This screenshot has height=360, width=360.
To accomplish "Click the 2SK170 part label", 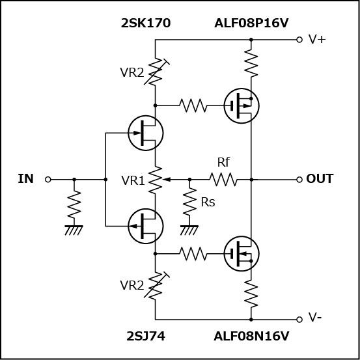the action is tap(146, 23).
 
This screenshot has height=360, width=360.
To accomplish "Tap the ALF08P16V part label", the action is tap(251, 23).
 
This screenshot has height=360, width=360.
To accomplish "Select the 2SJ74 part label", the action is tap(146, 337).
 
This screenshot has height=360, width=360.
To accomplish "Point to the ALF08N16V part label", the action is tap(251, 337).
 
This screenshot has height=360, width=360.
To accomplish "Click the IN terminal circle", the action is tap(48, 180).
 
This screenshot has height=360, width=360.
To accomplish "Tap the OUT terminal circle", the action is tap(299, 180).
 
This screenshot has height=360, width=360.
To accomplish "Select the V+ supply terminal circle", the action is tap(299, 40).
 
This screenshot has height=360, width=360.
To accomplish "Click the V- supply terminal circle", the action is tap(299, 320).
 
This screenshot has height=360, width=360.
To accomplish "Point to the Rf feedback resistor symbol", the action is tap(223, 180).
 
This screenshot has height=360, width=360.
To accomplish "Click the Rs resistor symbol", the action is tap(189, 201).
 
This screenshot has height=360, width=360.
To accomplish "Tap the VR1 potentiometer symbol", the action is tap(156, 180).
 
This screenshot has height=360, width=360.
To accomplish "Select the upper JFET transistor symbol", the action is tap(146, 133).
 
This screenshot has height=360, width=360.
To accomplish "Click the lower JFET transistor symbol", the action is tap(146, 227).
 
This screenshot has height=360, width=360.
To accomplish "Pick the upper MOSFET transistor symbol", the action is tap(242, 106).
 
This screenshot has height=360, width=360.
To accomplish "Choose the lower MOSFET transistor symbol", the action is tap(242, 254).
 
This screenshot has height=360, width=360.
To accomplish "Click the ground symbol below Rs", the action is tap(189, 230).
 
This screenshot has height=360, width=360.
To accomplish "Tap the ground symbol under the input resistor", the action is tap(74, 230).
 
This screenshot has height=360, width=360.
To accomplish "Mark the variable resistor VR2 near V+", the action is tap(156, 71).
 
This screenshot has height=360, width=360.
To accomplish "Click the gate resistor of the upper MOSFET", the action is tap(193, 105).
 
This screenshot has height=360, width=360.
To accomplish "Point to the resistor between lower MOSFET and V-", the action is tap(251, 294).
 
